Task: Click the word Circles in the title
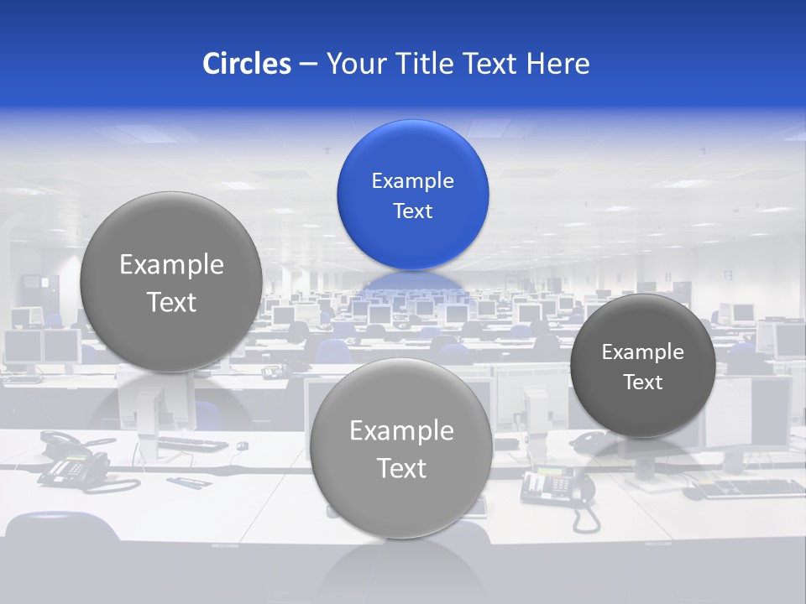(247, 63)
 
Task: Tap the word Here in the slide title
(557, 63)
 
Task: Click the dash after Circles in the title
(307, 64)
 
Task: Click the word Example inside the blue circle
(412, 180)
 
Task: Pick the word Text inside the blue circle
(412, 211)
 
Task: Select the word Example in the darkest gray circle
(642, 351)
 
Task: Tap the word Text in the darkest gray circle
(642, 382)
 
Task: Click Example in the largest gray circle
(171, 264)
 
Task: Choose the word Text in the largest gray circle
(171, 302)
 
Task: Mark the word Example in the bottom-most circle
(401, 430)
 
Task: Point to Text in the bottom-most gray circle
(401, 468)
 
